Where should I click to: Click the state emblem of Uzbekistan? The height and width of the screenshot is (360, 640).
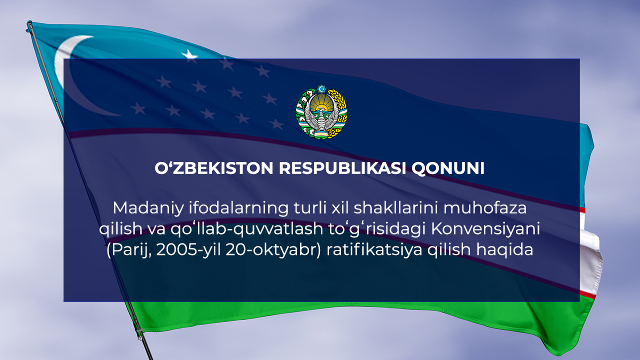point(321,112)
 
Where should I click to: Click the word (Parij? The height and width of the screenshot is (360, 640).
point(128,250)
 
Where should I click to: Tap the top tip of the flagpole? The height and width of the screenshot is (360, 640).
point(29,23)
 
